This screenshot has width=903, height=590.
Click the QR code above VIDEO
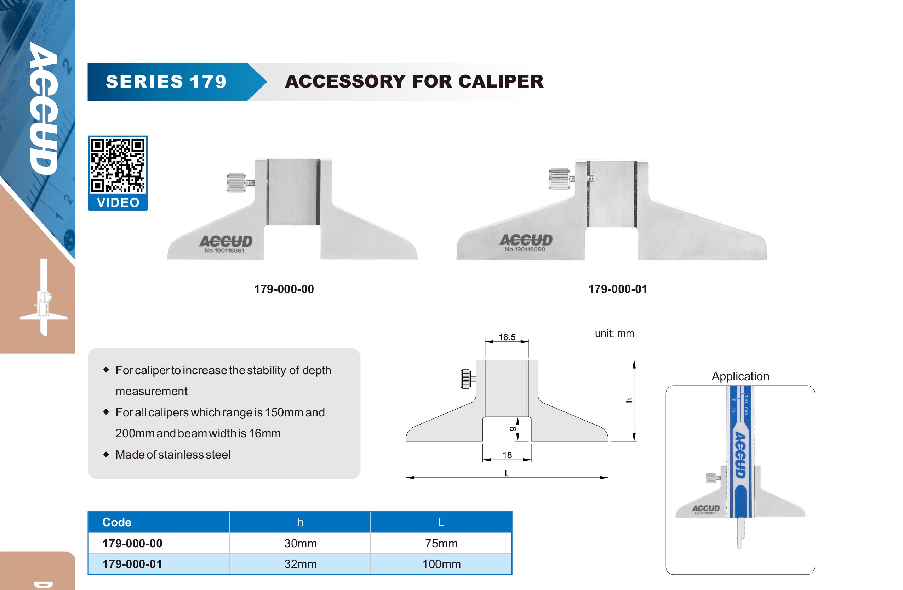[118, 165]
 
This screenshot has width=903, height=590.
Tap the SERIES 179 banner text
[166, 82]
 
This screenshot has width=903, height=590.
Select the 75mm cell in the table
[441, 543]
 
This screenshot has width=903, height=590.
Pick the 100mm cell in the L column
[441, 564]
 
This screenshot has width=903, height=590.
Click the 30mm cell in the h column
[300, 543]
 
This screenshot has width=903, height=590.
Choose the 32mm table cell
[300, 564]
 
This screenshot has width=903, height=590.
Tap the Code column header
[117, 522]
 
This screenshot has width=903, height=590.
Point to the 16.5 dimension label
[507, 337]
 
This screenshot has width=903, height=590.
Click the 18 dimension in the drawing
[507, 455]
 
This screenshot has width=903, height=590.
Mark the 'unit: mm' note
[614, 333]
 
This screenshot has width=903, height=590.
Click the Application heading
[740, 376]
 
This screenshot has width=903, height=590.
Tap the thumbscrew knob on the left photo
[236, 183]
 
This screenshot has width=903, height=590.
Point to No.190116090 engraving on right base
[525, 249]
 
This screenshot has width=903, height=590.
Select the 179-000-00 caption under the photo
[284, 289]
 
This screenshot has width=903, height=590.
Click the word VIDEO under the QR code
[118, 202]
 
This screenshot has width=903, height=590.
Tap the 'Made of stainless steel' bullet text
[173, 454]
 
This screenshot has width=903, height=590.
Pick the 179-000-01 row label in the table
[132, 564]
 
